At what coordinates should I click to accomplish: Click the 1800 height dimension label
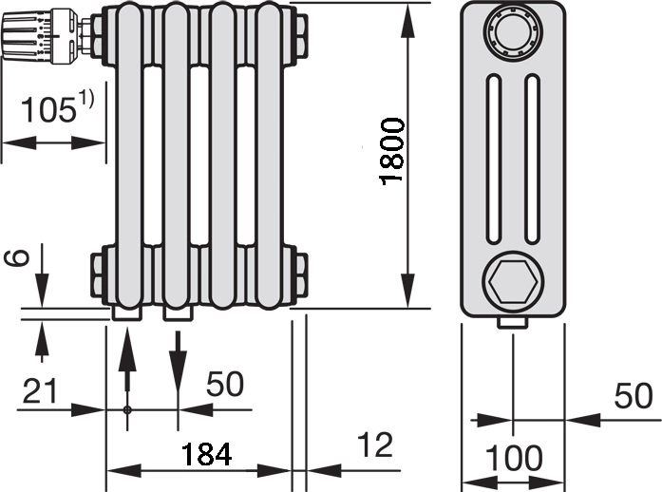[392, 151]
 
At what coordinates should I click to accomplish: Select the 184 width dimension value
[206, 454]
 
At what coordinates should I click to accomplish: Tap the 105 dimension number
[48, 109]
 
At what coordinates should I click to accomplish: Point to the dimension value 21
[40, 390]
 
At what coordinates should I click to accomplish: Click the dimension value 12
[375, 445]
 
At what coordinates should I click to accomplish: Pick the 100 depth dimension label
[514, 458]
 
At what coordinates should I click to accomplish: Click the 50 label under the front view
[224, 384]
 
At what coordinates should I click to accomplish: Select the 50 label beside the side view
[633, 396]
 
